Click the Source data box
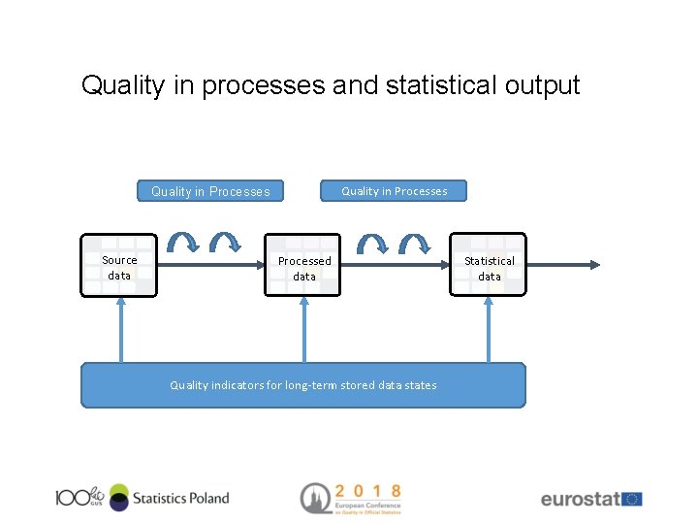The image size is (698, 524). pos(119,265)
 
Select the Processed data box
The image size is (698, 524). pos(303,265)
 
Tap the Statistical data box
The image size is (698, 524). pos(489,265)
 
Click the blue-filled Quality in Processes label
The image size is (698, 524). pos(394,191)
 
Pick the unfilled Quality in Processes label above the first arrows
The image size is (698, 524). pos(210,191)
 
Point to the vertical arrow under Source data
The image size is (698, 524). pos(120,330)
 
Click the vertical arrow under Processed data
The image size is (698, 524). pos(304,330)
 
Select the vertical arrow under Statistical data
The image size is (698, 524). pos(490,330)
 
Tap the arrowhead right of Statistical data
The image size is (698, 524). pos(593,264)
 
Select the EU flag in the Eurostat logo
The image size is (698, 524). pos(632,499)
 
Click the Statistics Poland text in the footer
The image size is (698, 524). pos(181,498)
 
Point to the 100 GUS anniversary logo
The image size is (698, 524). pos(79,497)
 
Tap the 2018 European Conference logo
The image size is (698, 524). pos(350,498)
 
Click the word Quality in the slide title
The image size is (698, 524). pos(123,85)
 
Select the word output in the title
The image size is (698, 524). pos(542,85)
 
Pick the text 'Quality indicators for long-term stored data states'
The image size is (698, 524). pos(303,385)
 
